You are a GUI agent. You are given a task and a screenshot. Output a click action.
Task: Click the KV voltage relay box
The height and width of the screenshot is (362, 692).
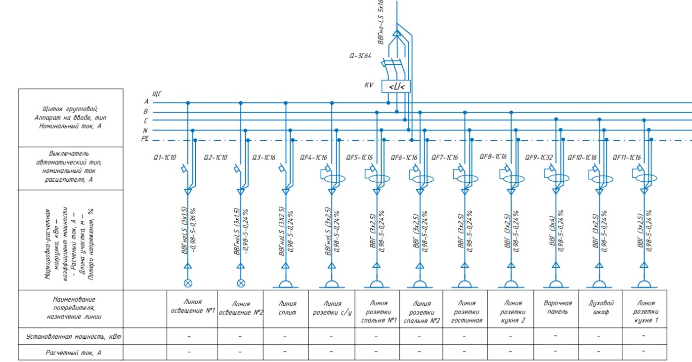[x=396, y=86]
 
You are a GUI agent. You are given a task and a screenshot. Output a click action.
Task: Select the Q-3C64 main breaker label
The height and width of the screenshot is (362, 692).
[x=360, y=56]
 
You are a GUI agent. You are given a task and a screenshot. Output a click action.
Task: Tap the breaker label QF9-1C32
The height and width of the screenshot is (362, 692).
[x=539, y=158]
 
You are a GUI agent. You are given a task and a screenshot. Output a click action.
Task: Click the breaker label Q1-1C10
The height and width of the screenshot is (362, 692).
[x=165, y=158]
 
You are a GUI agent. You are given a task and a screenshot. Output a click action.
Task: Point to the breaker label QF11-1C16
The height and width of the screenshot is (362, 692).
[x=627, y=158]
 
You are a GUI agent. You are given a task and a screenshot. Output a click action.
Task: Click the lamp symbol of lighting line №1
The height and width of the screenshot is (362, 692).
[x=188, y=283]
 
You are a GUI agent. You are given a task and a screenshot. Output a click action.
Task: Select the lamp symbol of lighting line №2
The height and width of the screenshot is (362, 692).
[x=241, y=283]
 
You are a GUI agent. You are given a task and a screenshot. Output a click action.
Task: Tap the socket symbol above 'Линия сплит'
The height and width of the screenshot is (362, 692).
[x=286, y=284]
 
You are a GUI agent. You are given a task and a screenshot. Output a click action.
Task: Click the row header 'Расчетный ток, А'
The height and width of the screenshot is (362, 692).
[x=73, y=353]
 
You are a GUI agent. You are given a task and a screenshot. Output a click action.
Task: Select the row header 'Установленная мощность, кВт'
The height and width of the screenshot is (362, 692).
[x=73, y=337]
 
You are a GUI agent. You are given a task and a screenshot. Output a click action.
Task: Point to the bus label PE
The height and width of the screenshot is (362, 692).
[x=145, y=139]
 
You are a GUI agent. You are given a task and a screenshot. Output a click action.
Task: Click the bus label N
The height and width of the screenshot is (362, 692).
[x=145, y=130]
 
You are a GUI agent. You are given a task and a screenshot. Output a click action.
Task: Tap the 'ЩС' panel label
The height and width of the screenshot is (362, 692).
[x=157, y=94]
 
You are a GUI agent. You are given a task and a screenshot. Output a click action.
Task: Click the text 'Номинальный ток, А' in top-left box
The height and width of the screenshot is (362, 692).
[x=70, y=126]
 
